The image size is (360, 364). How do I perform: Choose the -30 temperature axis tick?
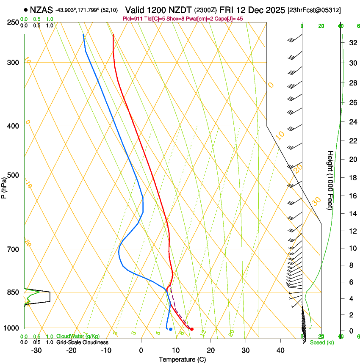(x=36, y=350)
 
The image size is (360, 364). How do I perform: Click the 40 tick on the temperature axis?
(x=280, y=350)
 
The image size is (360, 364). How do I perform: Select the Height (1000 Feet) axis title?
(x=330, y=180)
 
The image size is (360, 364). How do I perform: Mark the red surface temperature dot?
(x=192, y=329)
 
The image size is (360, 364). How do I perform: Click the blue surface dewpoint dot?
(x=171, y=329)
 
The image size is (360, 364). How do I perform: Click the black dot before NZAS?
(x=26, y=9)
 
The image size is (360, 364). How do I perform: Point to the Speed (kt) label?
(x=321, y=342)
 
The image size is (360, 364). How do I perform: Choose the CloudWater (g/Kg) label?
(x=78, y=336)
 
